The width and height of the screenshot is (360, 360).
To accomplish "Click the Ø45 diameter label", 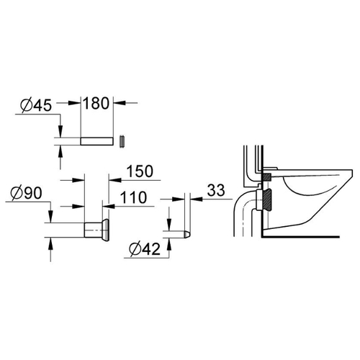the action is pyautogui.click(x=36, y=106).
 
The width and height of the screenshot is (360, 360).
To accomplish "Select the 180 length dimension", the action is pyautogui.click(x=96, y=104).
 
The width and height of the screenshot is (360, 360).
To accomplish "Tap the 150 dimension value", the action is pyautogui.click(x=140, y=171).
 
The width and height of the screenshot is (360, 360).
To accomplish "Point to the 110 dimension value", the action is pyautogui.click(x=133, y=197).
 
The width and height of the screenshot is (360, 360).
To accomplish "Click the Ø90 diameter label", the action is pyautogui.click(x=27, y=193).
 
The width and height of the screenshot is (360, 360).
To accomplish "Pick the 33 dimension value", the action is pyautogui.click(x=216, y=190).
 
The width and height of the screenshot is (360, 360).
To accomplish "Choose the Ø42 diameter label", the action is pyautogui.click(x=145, y=249).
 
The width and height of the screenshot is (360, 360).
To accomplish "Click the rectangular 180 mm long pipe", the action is pyautogui.click(x=96, y=141).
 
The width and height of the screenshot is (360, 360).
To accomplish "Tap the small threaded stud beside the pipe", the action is pyautogui.click(x=122, y=142).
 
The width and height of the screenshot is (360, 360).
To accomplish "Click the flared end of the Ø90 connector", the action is pyautogui.click(x=106, y=230).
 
